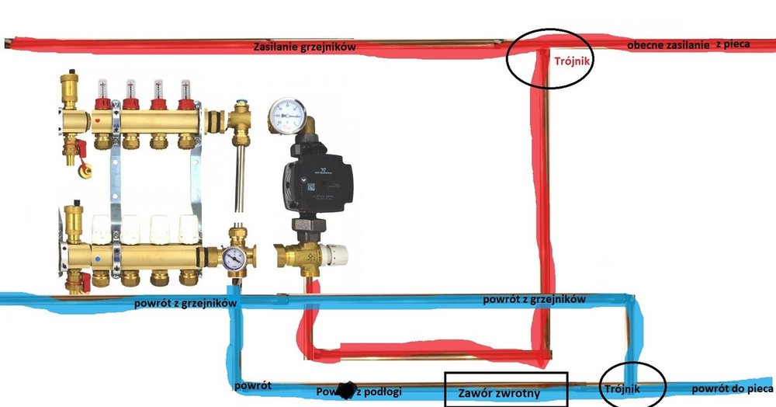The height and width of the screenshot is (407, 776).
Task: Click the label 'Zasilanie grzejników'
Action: pyautogui.click(x=305, y=47)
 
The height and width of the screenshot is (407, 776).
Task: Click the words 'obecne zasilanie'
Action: pyautogui.click(x=670, y=46)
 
